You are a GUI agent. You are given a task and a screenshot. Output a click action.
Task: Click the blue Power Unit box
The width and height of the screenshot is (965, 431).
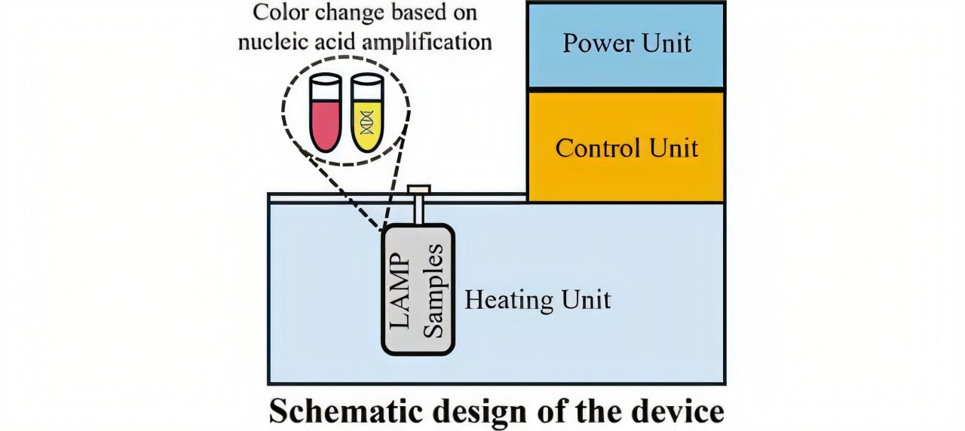626,45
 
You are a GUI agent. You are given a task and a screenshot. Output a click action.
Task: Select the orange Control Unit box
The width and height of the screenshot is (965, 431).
626,147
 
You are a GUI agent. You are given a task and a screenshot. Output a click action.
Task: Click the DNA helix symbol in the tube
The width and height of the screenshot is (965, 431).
367,121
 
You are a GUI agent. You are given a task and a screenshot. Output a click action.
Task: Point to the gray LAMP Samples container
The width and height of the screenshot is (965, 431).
418,289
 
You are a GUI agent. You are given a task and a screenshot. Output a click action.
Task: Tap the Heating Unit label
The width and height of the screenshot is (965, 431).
537,300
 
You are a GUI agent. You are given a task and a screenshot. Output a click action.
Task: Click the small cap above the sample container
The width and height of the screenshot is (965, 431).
418,189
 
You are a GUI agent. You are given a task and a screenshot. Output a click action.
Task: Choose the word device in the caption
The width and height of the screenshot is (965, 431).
678,412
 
